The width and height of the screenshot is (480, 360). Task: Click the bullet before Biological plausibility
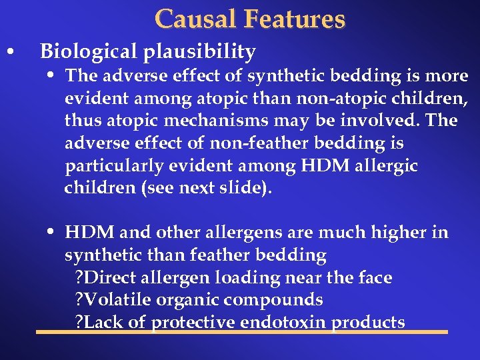9,52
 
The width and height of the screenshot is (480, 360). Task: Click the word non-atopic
363,99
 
